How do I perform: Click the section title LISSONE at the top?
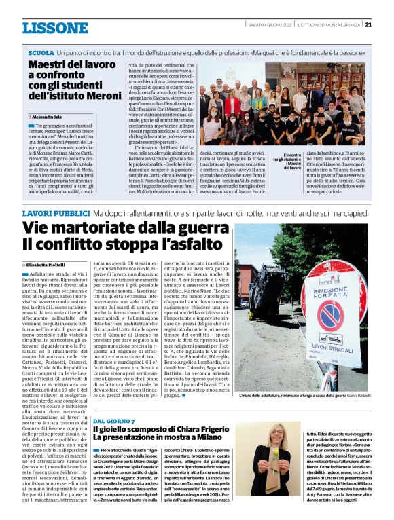tap(55, 27)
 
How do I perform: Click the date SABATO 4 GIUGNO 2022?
tap(270, 25)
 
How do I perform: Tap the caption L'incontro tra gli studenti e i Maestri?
tap(293, 161)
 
